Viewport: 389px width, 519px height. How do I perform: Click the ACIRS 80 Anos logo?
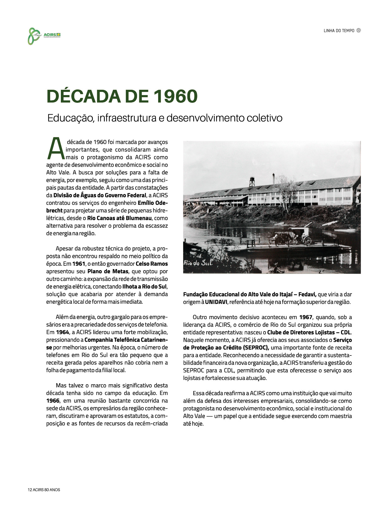(x=44, y=35)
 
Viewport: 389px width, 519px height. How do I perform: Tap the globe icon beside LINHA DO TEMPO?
(x=359, y=30)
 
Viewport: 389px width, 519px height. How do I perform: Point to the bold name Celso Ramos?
(x=152, y=264)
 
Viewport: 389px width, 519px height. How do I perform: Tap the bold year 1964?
(x=62, y=332)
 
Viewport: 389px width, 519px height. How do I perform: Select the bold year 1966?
(x=53, y=401)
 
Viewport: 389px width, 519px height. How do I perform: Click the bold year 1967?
(x=306, y=317)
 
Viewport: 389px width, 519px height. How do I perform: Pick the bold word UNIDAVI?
(x=216, y=302)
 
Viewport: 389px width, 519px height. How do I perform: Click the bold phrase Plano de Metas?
(x=108, y=271)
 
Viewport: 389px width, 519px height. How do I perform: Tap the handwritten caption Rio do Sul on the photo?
(x=198, y=263)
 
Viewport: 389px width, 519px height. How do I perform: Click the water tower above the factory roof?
(x=252, y=182)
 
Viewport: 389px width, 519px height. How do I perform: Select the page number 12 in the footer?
(x=30, y=490)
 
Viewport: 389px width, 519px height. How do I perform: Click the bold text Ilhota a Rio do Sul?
(x=144, y=286)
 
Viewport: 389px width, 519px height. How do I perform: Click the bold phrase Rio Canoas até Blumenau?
(x=120, y=218)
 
